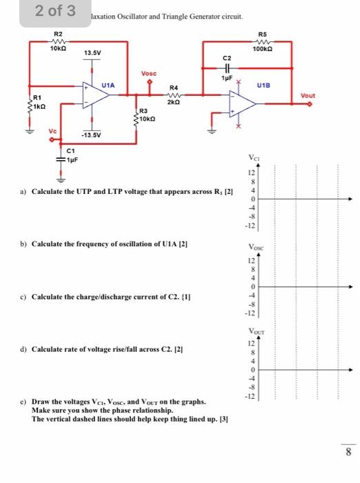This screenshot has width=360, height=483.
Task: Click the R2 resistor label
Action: tap(58, 33)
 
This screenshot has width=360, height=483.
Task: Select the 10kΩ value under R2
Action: tap(58, 48)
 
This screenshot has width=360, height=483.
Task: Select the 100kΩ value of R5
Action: tap(263, 48)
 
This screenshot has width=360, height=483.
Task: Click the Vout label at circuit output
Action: tap(308, 95)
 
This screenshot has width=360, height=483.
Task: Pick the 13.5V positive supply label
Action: tap(92, 52)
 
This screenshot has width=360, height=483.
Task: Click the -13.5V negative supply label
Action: tap(92, 136)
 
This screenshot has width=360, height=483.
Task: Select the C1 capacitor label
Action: tap(71, 150)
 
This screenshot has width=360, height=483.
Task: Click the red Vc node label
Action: tap(52, 130)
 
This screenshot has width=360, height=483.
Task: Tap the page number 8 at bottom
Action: tap(348, 452)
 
